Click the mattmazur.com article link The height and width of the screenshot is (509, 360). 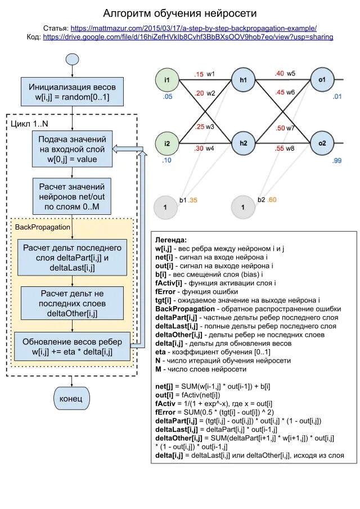pos(193,28)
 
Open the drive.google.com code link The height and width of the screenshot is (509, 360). pos(188,37)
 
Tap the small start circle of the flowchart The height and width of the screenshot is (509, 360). pos(72,60)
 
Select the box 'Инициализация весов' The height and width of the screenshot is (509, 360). pos(72,92)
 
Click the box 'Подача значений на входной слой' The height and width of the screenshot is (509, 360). pos(73,149)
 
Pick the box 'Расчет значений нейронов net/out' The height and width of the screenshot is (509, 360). pos(72,196)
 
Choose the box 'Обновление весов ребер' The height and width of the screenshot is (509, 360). pos(72,346)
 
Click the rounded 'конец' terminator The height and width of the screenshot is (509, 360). pos(71,398)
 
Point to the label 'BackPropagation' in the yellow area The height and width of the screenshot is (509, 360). pos(43,227)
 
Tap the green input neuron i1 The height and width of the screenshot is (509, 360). pos(167,80)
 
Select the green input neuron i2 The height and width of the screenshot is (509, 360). pos(167,143)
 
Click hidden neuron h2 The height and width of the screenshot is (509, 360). pos(244,143)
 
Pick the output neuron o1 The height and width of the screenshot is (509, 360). pos(322,79)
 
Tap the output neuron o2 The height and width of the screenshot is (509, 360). pos(322,143)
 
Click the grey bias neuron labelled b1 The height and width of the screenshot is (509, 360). pos(165,207)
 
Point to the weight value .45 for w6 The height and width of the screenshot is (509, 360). pos(280,92)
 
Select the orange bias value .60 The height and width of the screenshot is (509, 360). pos(272,200)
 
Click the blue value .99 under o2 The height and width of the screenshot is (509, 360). pos(337,160)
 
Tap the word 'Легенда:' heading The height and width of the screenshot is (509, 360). pos(171,240)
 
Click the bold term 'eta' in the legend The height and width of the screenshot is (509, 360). pos(160,352)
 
